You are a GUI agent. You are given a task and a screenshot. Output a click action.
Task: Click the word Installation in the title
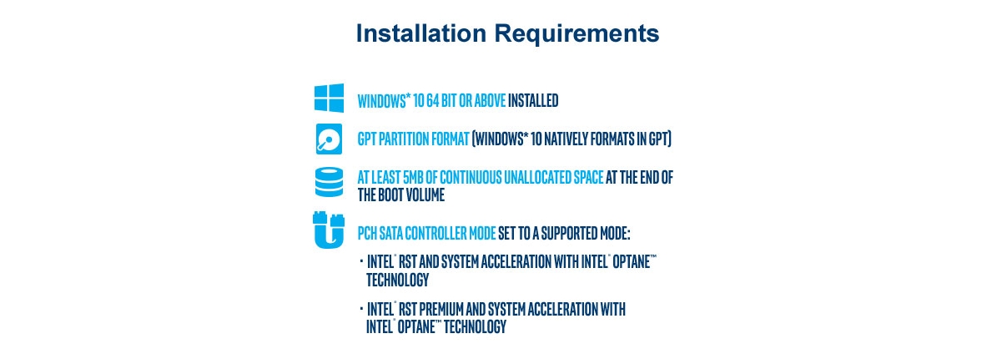tap(420, 33)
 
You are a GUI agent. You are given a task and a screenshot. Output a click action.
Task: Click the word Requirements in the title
tap(575, 33)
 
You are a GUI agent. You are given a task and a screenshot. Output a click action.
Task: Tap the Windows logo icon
tap(329, 99)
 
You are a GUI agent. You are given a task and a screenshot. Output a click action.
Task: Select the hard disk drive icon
tap(329, 139)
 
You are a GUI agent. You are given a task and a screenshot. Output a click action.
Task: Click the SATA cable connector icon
tap(329, 230)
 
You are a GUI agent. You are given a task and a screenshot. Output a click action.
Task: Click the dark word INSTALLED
tap(533, 101)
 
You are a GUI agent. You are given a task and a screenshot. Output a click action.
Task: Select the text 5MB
tap(405, 178)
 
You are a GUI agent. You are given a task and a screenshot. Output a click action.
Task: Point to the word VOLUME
tap(424, 195)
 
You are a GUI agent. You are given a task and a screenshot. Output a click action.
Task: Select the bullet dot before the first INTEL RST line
tap(361, 261)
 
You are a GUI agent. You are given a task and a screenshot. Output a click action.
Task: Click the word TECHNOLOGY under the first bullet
tap(397, 280)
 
